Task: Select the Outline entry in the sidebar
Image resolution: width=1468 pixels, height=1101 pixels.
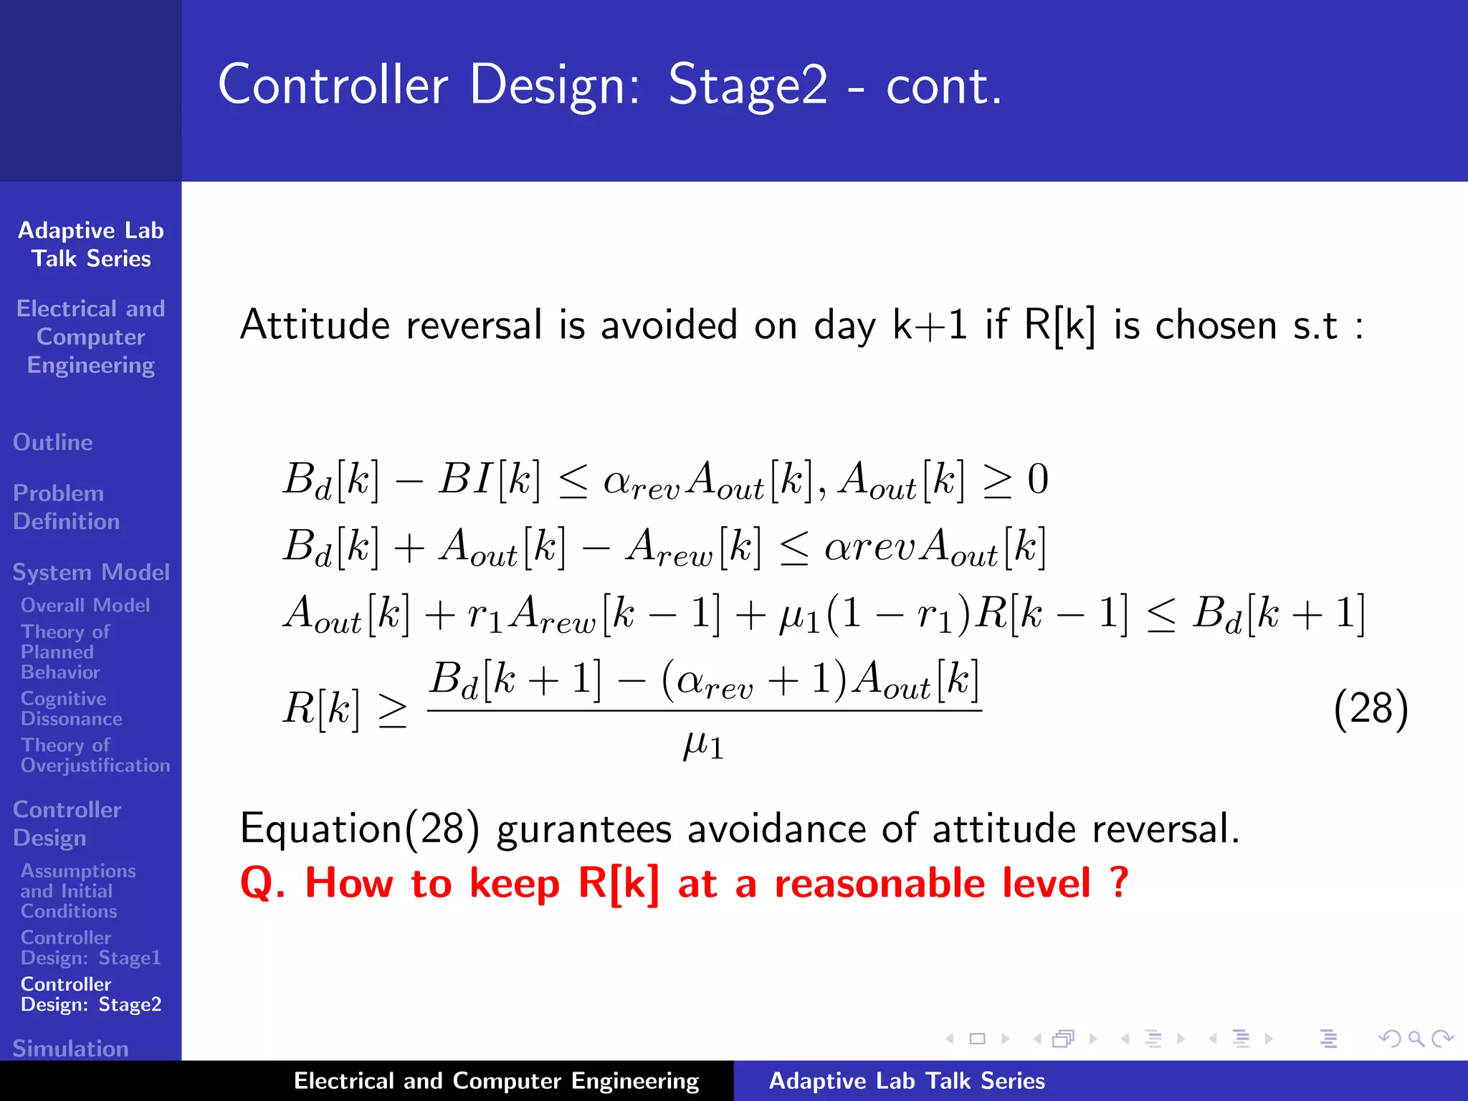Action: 53,442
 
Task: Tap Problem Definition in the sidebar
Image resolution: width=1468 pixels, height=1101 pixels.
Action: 66,507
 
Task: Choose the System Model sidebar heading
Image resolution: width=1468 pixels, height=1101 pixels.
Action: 91,572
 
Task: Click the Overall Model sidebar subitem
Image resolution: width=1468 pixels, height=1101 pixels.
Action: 85,606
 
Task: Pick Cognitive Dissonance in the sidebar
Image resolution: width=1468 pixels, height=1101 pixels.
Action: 71,708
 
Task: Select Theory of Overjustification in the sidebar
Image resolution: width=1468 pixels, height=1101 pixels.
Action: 95,756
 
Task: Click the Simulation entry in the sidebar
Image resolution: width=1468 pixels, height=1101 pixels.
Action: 70,1048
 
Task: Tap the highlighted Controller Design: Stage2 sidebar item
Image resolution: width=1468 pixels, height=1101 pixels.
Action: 91,994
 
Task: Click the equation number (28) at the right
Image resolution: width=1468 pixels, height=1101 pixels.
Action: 1371,708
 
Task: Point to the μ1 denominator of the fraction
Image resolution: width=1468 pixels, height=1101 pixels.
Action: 703,745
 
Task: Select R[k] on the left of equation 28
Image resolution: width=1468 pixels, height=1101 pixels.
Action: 320,708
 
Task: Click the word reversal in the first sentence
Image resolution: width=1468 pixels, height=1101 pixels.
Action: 475,325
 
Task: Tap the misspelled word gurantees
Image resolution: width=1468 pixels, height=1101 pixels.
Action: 584,829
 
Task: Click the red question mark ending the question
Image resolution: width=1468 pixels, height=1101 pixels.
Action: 1117,882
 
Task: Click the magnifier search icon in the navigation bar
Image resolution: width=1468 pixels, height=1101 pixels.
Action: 1416,1039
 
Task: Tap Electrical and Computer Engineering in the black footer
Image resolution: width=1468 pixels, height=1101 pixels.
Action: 496,1081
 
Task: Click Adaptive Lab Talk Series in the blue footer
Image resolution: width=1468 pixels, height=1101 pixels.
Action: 907,1081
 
